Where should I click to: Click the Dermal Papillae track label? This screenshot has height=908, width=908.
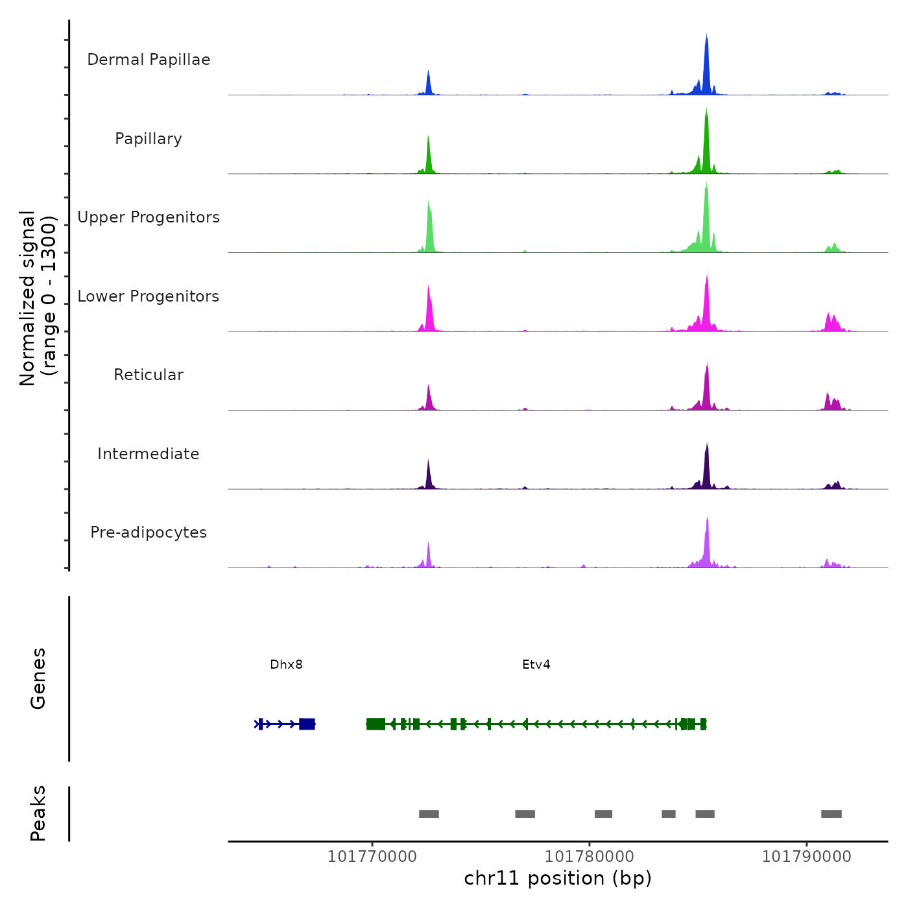pos(149,60)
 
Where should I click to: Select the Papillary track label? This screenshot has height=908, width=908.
pos(149,139)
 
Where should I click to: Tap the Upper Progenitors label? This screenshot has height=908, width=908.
pos(149,217)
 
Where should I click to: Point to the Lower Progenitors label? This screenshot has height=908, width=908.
pos(149,296)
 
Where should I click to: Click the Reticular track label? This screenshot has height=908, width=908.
pos(149,375)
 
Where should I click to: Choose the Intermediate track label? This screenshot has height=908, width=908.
pos(149,454)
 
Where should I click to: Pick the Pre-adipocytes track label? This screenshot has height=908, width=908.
pos(149,532)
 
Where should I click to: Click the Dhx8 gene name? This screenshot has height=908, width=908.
pos(286,664)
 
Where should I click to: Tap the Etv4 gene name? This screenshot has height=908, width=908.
pos(536,664)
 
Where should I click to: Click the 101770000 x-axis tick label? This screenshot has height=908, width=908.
pos(372,856)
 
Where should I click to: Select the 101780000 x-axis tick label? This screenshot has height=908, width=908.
pos(590,856)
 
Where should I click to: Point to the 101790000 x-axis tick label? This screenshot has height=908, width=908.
pos(806,856)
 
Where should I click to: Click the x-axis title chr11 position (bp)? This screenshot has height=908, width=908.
pos(558,878)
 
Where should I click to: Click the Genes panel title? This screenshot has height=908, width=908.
pos(38,678)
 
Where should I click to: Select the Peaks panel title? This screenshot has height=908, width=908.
pos(38,813)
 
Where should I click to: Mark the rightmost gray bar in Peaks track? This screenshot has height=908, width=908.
pos(831,814)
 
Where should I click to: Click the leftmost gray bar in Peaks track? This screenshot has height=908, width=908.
pos(429,814)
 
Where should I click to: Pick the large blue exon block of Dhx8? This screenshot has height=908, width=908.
pos(307,724)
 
